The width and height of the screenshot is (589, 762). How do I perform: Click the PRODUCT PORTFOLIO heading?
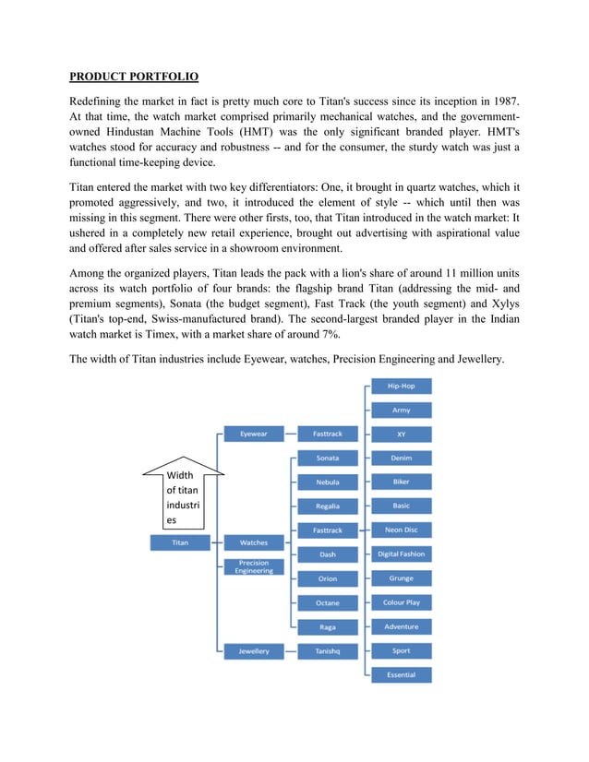point(134,76)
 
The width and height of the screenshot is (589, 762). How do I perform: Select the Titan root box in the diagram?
point(180,542)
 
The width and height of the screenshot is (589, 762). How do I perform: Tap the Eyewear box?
point(255,434)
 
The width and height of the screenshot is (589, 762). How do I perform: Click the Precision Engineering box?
point(255,566)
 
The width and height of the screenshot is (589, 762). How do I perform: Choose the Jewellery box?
point(255,651)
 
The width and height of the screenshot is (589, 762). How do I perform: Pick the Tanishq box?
point(328,651)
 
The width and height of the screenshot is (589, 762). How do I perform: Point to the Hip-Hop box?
point(401,386)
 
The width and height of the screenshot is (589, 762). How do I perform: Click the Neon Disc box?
point(401,530)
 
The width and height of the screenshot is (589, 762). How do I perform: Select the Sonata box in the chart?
point(328,458)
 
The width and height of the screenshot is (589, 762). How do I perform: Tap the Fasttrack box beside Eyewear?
point(328,434)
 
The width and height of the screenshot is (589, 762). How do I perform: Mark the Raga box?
point(328,627)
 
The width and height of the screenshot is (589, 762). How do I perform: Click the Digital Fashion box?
point(401,554)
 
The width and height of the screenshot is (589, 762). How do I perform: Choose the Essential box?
point(401,675)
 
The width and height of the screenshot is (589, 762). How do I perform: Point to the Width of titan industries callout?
point(181,496)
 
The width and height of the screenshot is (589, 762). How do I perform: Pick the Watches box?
point(255,542)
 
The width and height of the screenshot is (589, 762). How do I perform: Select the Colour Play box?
point(401,602)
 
